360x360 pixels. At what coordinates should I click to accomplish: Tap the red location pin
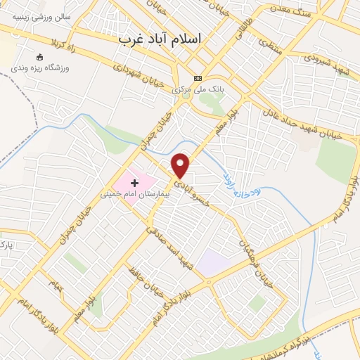coord(181,166)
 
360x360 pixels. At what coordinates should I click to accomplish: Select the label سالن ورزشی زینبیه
coord(37,16)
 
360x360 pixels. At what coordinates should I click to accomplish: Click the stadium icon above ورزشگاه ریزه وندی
coord(39,57)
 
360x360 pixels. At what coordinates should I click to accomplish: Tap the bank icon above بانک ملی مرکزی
coord(198,78)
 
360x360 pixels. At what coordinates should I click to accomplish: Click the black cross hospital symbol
coord(134,182)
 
